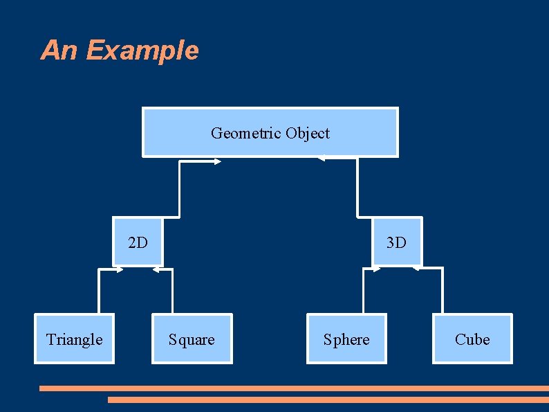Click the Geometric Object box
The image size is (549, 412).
pos(270,132)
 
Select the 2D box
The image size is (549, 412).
pos(138,242)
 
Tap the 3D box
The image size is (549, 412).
pos(396,242)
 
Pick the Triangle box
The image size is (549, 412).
pos(74,339)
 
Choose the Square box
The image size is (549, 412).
pos(192,339)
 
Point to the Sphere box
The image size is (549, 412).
pos(346,339)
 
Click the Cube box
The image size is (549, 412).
pos(472,339)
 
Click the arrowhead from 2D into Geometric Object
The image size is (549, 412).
pos(216,162)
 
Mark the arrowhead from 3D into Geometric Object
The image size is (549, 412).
pos(322,159)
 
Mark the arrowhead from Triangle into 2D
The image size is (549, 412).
pos(119,269)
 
